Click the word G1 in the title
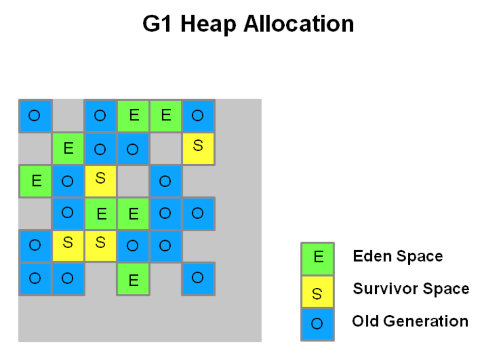(x=157, y=24)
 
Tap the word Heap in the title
(x=208, y=24)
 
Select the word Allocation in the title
(x=298, y=24)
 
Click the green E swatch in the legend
(x=318, y=259)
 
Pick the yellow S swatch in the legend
(x=318, y=292)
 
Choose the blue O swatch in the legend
(x=318, y=324)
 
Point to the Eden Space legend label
(x=398, y=256)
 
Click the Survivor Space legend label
(x=411, y=288)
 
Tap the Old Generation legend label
(x=410, y=321)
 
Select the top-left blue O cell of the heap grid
(x=35, y=116)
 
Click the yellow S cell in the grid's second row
(x=198, y=149)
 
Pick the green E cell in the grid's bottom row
(x=133, y=279)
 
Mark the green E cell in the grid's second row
(x=68, y=149)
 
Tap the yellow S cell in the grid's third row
(x=101, y=182)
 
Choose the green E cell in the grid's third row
(x=35, y=182)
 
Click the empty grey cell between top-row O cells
(x=68, y=116)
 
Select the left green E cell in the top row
(x=133, y=116)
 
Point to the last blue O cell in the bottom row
(x=198, y=279)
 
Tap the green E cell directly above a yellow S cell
(x=101, y=214)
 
